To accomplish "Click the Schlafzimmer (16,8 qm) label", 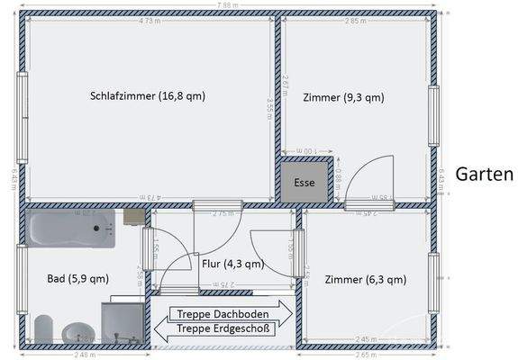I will pyautogui.click(x=148, y=96).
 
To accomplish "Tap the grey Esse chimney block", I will pyautogui.click(x=304, y=181).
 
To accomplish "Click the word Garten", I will pyautogui.click(x=484, y=175).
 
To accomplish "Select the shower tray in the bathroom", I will pyautogui.click(x=123, y=322).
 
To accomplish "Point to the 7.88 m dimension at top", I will pyautogui.click(x=227, y=5).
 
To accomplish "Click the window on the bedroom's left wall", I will pyautogui.click(x=22, y=104).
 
